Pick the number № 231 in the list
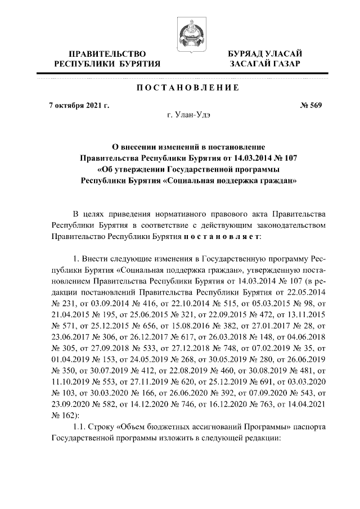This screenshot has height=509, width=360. pyautogui.click(x=61, y=304)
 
